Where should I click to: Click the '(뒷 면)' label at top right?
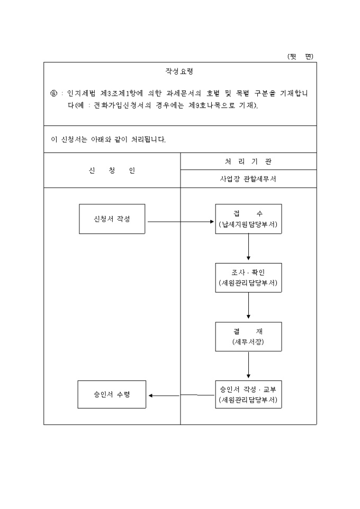[300, 57]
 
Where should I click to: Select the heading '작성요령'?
[180, 71]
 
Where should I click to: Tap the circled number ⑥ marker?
[53, 93]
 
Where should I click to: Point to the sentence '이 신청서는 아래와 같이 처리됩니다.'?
[108, 140]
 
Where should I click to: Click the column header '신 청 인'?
[112, 170]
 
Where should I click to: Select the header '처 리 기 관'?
[248, 161]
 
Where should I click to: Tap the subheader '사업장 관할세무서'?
[248, 179]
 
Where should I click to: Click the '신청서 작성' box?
[112, 219]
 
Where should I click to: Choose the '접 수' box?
[248, 219]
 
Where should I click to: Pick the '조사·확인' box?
[248, 277]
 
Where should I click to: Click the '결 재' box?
[248, 336]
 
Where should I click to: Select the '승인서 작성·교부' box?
[248, 394]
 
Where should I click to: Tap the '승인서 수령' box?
[112, 394]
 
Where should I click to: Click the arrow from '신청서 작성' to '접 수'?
[180, 222]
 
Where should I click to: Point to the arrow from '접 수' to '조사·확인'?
[248, 248]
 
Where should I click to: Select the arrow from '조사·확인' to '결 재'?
[248, 306]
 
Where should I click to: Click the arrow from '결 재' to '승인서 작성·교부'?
[248, 365]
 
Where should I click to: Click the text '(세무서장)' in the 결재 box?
[248, 342]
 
